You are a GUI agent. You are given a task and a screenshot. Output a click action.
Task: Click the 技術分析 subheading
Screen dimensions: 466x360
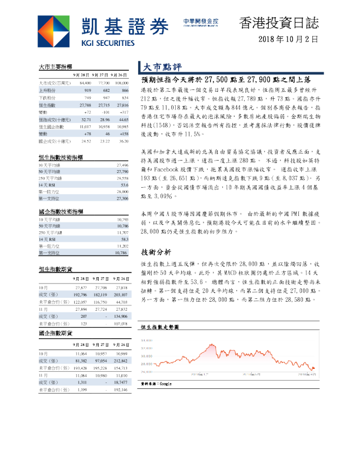click(156, 235)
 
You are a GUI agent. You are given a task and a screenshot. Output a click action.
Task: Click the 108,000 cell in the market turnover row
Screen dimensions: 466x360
click(119, 84)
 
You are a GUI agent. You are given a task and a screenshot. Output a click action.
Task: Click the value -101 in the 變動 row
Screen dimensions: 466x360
click(106, 111)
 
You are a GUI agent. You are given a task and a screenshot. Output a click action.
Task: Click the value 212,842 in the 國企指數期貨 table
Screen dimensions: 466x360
click(119, 360)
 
